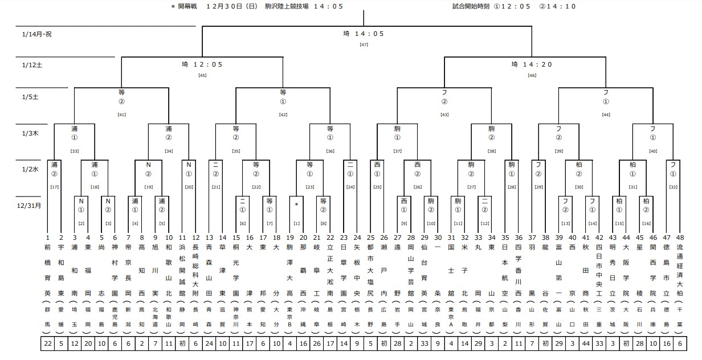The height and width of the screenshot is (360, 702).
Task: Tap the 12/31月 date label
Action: [30, 206]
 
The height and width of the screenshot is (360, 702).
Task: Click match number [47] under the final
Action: [364, 44]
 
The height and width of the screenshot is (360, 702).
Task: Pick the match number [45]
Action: [202, 75]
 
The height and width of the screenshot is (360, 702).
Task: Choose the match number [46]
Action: [532, 75]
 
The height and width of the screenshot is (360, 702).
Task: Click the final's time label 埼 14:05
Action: [364, 34]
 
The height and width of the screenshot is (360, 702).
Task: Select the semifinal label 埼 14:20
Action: [532, 65]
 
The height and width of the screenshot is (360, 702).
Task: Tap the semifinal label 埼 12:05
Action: [202, 65]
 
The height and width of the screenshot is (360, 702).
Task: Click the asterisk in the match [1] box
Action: [296, 203]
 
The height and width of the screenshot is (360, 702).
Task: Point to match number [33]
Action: [74, 151]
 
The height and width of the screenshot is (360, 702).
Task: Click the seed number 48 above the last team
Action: [680, 237]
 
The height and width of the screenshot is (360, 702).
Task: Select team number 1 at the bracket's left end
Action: [47, 237]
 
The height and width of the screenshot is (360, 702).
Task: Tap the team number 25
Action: [370, 237]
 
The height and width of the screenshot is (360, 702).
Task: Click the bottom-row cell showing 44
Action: [585, 345]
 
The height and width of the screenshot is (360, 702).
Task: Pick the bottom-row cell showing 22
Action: [48, 345]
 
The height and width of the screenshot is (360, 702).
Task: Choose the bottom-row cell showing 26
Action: [317, 345]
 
